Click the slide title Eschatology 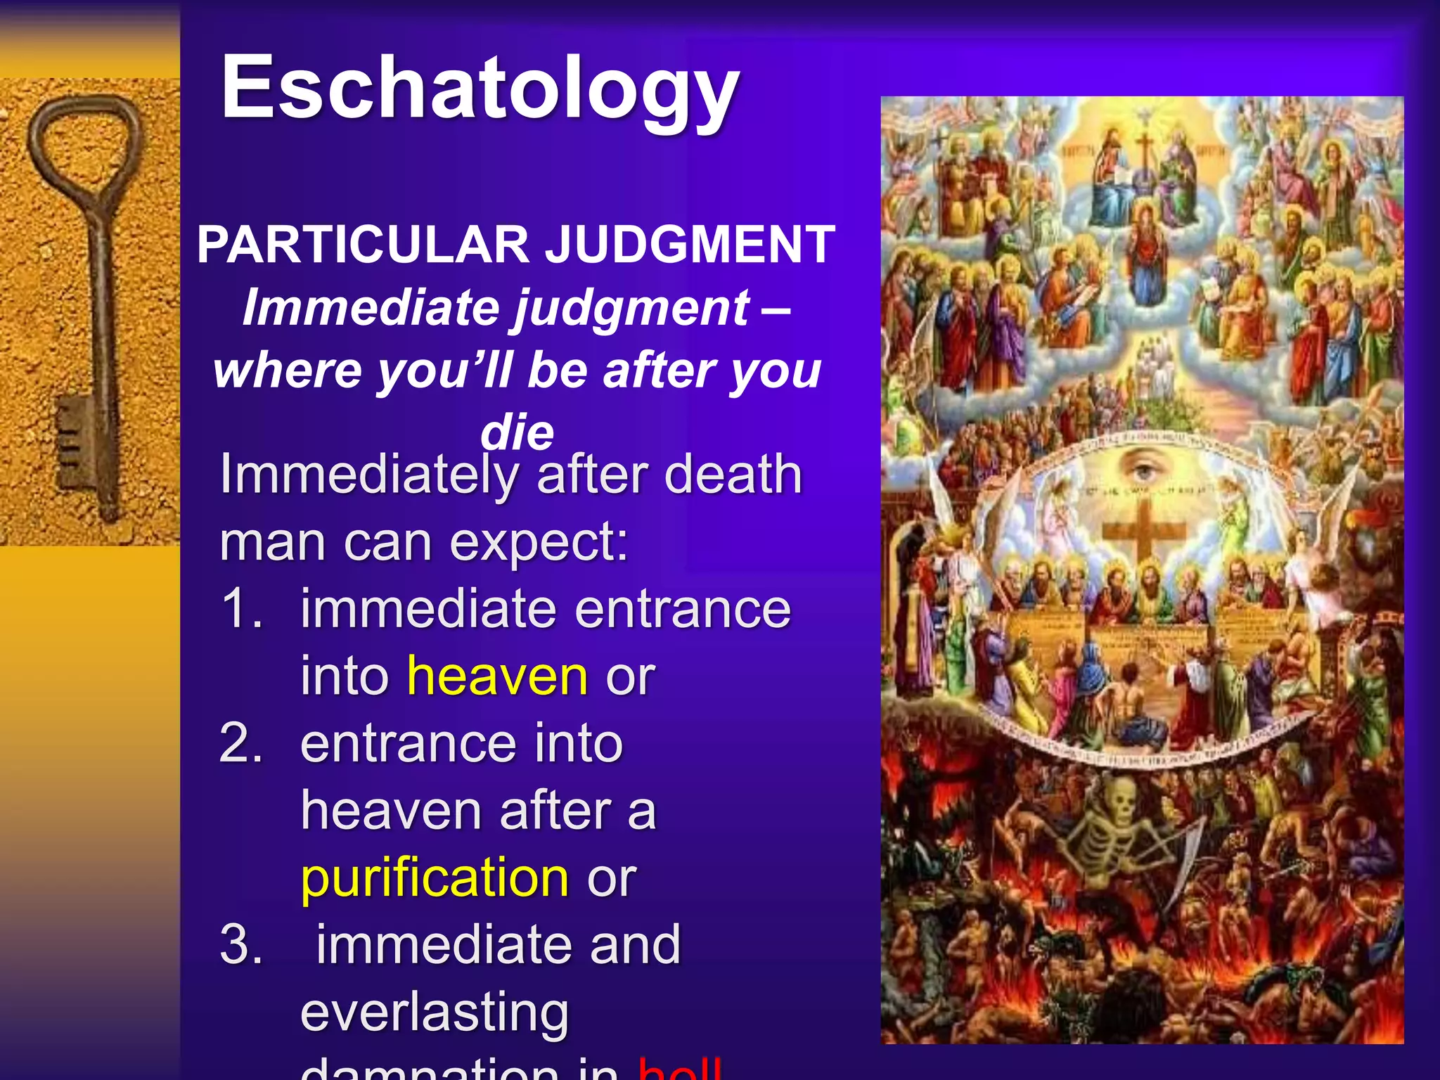480,90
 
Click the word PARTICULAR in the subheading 363,245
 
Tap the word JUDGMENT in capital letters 690,245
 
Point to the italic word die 517,432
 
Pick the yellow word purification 435,877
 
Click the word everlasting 435,1012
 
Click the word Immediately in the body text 368,475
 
